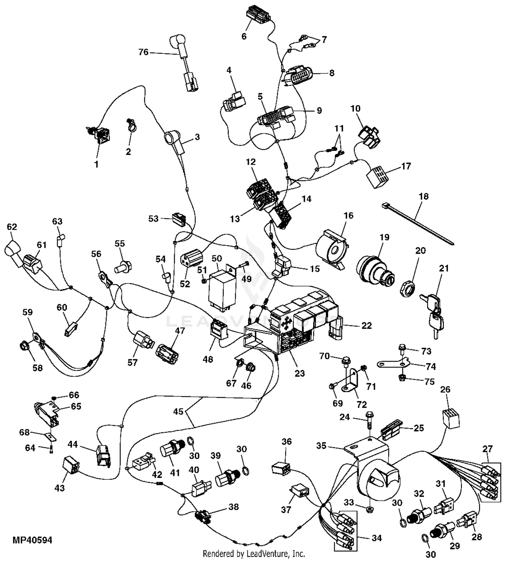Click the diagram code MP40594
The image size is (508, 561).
point(33,540)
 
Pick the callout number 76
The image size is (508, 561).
point(144,52)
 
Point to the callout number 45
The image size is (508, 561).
point(178,411)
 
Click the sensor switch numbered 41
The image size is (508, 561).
point(172,451)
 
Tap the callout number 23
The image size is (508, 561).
point(300,373)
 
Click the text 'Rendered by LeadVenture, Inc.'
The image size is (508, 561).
point(254,554)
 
